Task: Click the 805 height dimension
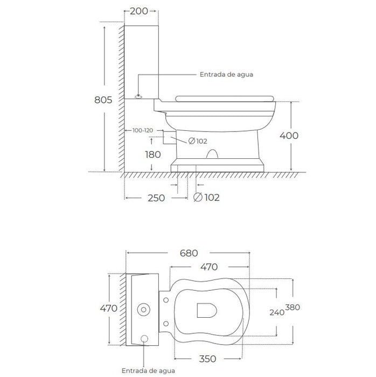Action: (102, 100)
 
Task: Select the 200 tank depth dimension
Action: (140, 11)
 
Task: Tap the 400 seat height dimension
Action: (289, 136)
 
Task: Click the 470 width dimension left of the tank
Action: (108, 309)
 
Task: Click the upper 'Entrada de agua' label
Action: (226, 75)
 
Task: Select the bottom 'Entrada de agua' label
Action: (144, 371)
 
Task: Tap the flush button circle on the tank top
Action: (144, 310)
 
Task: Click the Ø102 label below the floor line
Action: (206, 198)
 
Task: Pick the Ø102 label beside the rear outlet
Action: (198, 142)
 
